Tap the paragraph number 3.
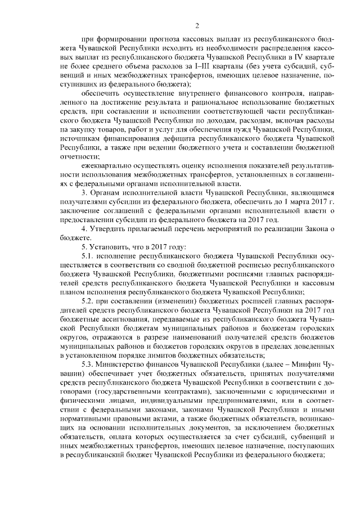83,193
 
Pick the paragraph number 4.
83,229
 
